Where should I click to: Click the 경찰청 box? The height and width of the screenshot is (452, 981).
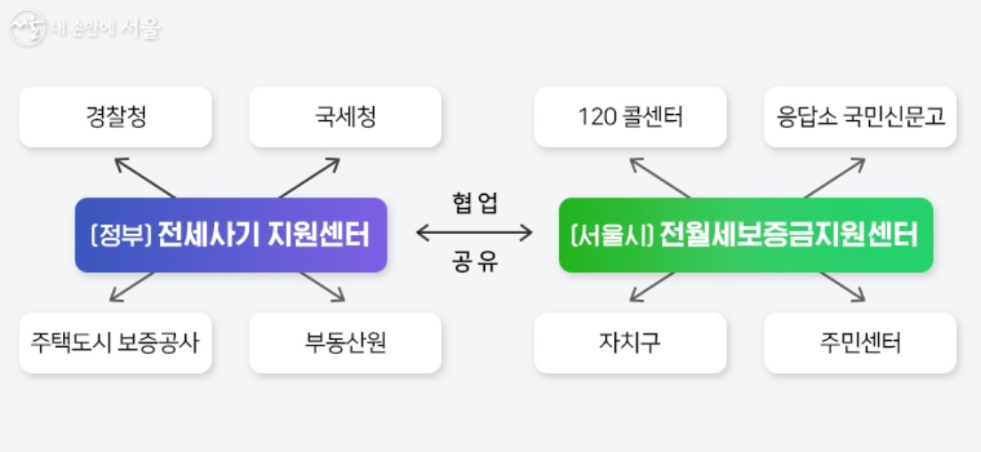click(x=116, y=117)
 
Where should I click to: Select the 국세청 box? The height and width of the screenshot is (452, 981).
click(x=345, y=117)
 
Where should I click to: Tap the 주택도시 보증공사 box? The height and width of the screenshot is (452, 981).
click(x=116, y=343)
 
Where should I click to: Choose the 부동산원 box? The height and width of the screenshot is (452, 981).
click(x=345, y=343)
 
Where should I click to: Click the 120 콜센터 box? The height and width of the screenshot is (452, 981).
click(x=630, y=117)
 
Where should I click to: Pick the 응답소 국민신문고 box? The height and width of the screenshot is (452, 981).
click(x=860, y=117)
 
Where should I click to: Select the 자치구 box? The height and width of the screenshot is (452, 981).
click(x=630, y=343)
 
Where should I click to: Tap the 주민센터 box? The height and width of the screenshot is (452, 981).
click(x=860, y=343)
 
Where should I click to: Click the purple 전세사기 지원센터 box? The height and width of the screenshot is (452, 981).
click(x=231, y=235)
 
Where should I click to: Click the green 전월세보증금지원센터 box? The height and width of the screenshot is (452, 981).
click(x=746, y=235)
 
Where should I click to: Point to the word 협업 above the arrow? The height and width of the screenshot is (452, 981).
click(x=475, y=204)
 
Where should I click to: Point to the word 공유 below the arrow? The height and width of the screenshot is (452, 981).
click(x=475, y=263)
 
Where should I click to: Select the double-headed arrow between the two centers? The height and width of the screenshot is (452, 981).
click(x=475, y=233)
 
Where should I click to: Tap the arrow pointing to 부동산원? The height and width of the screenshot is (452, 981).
click(x=323, y=287)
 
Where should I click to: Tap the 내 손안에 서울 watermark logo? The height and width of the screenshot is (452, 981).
click(x=85, y=28)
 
